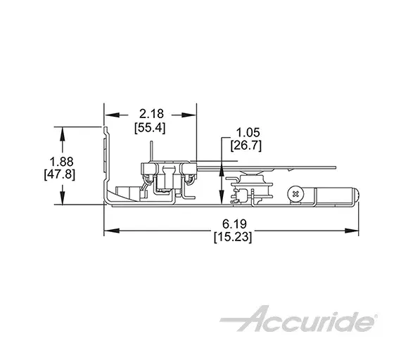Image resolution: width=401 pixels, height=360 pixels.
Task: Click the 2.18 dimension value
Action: coord(151,114)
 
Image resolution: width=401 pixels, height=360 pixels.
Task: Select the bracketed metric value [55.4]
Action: coord(150,127)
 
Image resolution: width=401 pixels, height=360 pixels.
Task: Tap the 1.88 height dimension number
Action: coord(61,162)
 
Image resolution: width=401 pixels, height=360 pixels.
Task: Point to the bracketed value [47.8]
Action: coord(60,175)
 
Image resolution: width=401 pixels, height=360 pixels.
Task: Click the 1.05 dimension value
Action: coord(248,133)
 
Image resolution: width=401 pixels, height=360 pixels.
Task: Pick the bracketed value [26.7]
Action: coord(246,146)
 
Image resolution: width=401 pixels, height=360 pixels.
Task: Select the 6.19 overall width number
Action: coord(234,224)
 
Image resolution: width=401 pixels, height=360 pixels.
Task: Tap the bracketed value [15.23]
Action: coord(233,237)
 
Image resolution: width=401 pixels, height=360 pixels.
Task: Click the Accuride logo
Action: coord(298,319)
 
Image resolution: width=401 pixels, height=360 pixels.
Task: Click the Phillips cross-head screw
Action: coord(296,194)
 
